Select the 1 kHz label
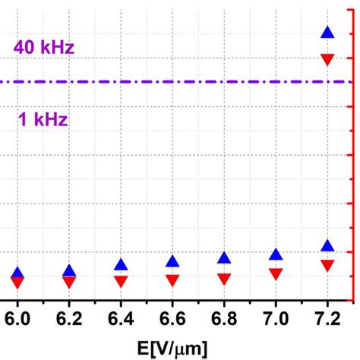click(x=43, y=119)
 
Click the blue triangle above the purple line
click(x=327, y=33)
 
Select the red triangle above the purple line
click(x=327, y=60)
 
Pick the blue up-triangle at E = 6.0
click(x=17, y=273)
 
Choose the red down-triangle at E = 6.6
click(x=172, y=280)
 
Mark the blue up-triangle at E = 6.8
click(x=224, y=258)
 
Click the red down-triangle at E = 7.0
click(x=276, y=274)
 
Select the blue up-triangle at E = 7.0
click(x=276, y=254)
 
